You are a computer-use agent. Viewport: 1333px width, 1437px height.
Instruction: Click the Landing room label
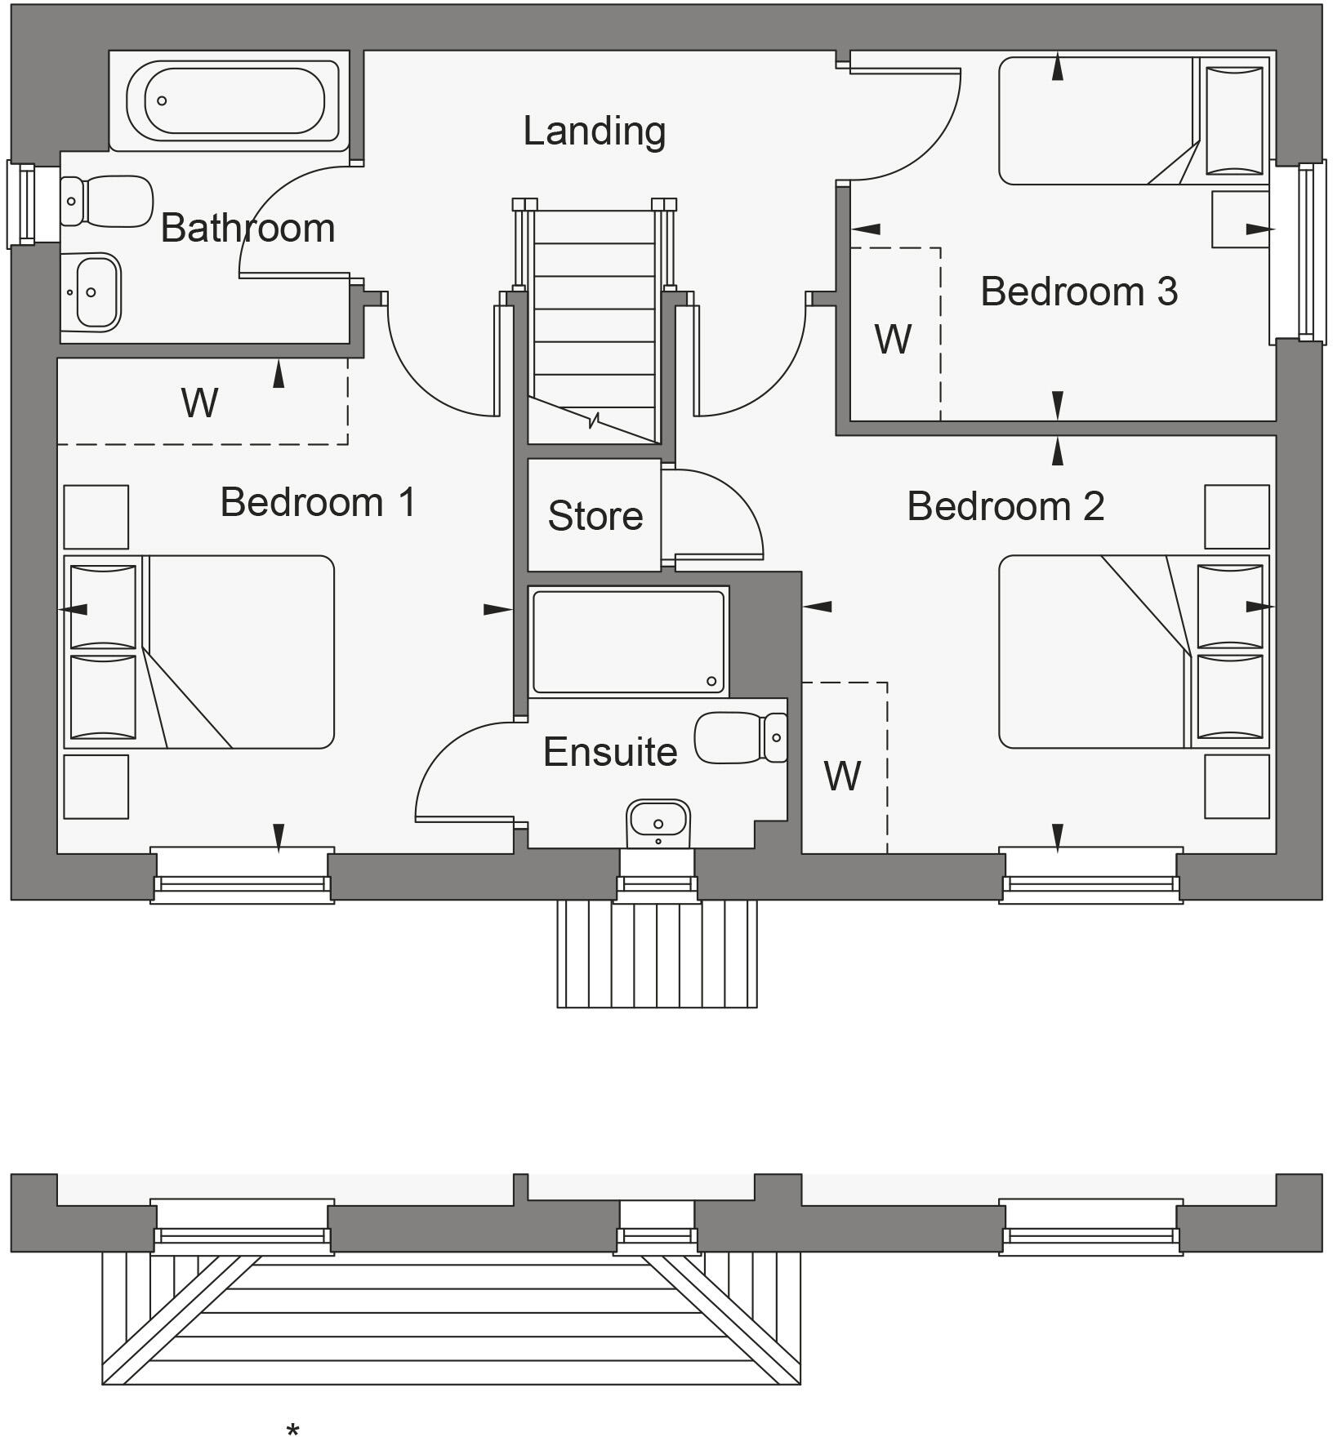pyautogui.click(x=594, y=131)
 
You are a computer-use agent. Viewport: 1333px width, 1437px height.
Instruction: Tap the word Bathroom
pyautogui.click(x=247, y=228)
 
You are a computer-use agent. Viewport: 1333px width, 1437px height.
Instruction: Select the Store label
pyautogui.click(x=595, y=516)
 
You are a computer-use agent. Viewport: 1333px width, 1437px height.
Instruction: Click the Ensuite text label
pyautogui.click(x=610, y=752)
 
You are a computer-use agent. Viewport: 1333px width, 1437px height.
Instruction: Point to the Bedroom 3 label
pyautogui.click(x=1078, y=291)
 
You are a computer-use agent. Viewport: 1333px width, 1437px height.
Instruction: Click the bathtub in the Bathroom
pyautogui.click(x=234, y=100)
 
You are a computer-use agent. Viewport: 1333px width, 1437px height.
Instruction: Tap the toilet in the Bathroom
pyautogui.click(x=106, y=201)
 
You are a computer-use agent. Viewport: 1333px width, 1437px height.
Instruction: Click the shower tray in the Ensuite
pyautogui.click(x=627, y=641)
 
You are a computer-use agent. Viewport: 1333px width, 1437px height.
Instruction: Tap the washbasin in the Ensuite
pyautogui.click(x=658, y=821)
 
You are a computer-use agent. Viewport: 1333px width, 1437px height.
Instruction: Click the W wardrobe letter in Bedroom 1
pyautogui.click(x=200, y=403)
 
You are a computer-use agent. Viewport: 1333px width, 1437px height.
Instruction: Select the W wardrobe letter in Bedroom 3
pyautogui.click(x=893, y=340)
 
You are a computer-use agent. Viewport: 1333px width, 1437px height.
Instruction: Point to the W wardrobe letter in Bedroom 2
pyautogui.click(x=842, y=776)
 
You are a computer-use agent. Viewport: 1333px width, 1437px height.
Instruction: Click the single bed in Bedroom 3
pyautogui.click(x=1131, y=121)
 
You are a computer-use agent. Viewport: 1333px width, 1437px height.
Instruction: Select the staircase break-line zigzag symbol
pyautogui.click(x=594, y=421)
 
